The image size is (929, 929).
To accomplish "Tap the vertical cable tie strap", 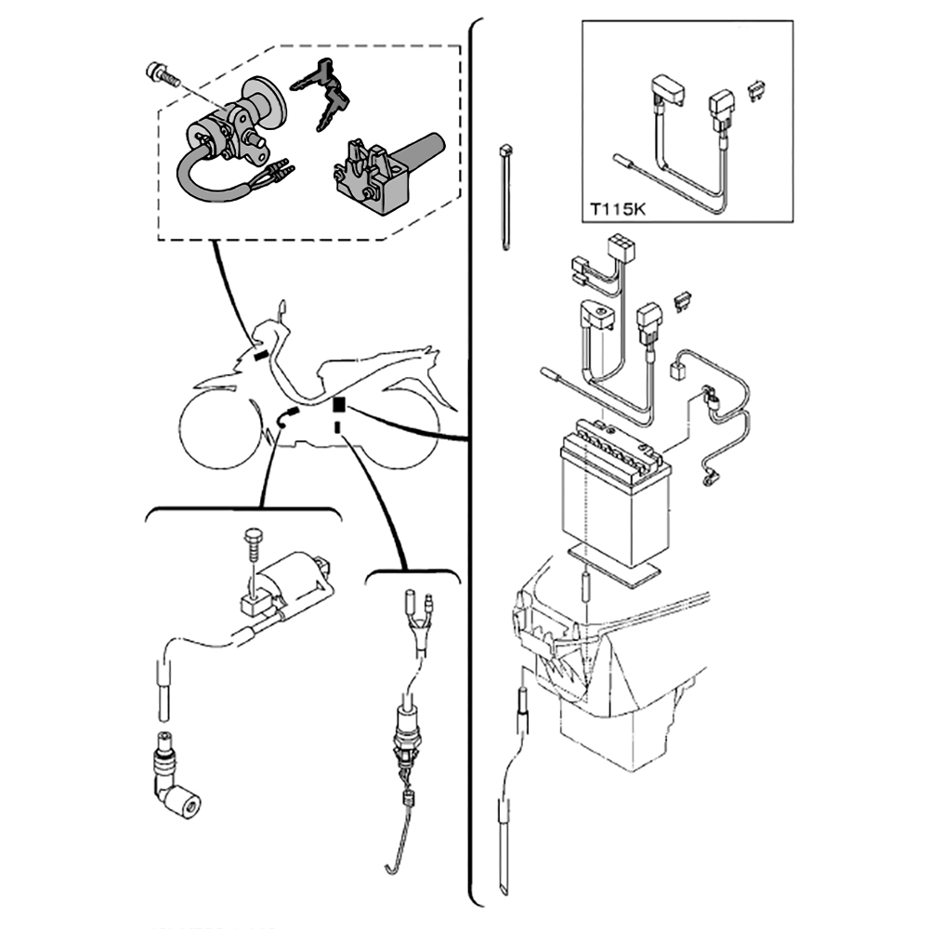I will point(505,200).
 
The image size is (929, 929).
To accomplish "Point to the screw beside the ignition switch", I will point(162,75).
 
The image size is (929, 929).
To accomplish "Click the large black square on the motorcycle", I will point(339,404).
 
